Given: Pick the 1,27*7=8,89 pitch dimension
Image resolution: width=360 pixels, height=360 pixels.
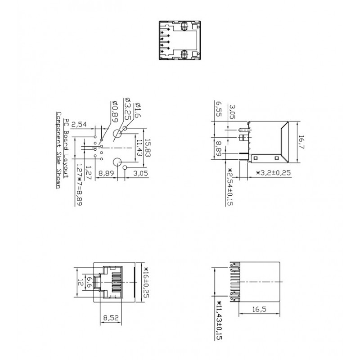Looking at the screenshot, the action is (x=79, y=184).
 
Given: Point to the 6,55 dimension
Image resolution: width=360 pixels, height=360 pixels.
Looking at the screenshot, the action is (x=218, y=109).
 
